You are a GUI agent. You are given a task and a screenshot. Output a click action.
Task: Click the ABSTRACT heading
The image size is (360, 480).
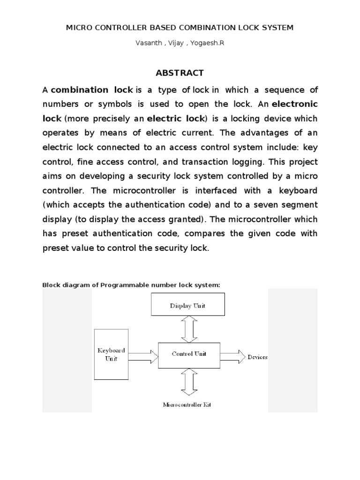pos(180,73)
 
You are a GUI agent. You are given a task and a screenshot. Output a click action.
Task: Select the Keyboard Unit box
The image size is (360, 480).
pos(111,354)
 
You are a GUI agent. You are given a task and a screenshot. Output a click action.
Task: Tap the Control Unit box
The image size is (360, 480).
pos(189,354)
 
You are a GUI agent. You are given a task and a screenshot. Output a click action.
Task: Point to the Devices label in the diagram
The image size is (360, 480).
pos(257,357)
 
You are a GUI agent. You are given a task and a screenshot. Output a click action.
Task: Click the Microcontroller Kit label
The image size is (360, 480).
pos(187,405)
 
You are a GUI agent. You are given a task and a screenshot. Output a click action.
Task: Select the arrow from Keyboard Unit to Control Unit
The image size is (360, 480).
pos(142,357)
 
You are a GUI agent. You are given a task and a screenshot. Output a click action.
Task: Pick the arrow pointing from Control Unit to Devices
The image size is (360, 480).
pos(232,357)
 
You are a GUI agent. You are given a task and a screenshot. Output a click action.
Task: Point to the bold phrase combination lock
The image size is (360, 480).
pos(92,89)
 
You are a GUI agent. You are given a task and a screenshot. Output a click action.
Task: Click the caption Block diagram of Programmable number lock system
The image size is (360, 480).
pos(131,285)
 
